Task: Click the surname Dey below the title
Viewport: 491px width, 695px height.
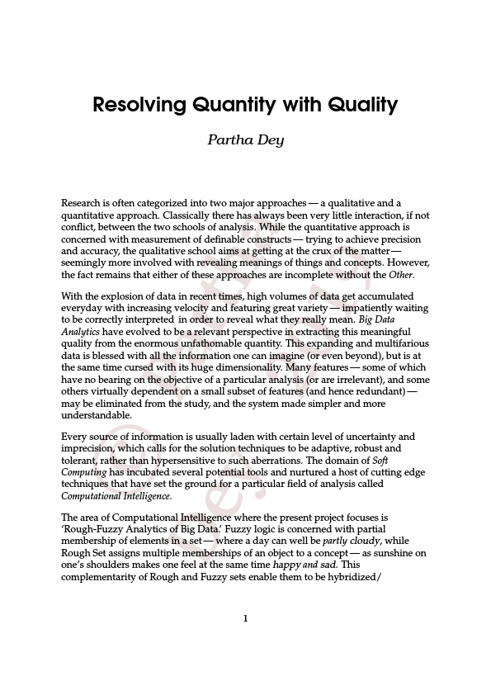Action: (x=271, y=139)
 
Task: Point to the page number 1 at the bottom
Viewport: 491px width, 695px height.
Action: (x=245, y=618)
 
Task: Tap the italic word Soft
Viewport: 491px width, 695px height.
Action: (x=381, y=460)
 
